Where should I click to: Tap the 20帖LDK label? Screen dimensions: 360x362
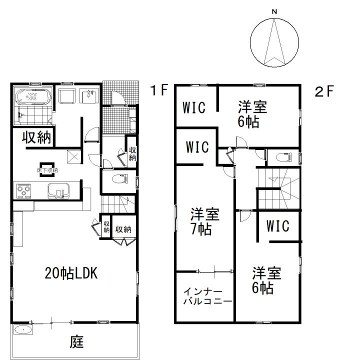click(x=71, y=273)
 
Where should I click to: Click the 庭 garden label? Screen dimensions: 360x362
click(x=76, y=342)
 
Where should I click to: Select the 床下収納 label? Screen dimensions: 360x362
click(x=47, y=170)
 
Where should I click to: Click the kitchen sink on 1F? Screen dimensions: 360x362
click(x=58, y=191)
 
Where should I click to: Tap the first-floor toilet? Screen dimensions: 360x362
click(x=120, y=178)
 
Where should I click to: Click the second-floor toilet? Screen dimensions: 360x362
click(x=284, y=157)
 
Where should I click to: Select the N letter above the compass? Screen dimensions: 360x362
click(x=274, y=11)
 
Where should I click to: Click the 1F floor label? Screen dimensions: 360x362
click(x=159, y=90)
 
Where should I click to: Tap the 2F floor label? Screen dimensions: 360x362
click(x=324, y=91)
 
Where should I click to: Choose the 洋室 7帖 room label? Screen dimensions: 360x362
click(x=204, y=221)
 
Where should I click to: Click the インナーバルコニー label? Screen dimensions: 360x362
click(x=207, y=296)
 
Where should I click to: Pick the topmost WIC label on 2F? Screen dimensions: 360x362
click(x=194, y=107)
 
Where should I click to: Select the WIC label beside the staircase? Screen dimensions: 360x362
click(x=278, y=226)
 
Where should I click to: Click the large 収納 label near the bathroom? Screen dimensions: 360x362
click(x=36, y=137)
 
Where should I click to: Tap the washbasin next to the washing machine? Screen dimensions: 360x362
click(x=89, y=96)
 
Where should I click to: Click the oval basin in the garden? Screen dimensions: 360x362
click(x=23, y=330)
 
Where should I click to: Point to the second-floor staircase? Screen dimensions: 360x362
click(x=278, y=188)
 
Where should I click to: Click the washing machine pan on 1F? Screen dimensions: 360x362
click(x=67, y=96)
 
